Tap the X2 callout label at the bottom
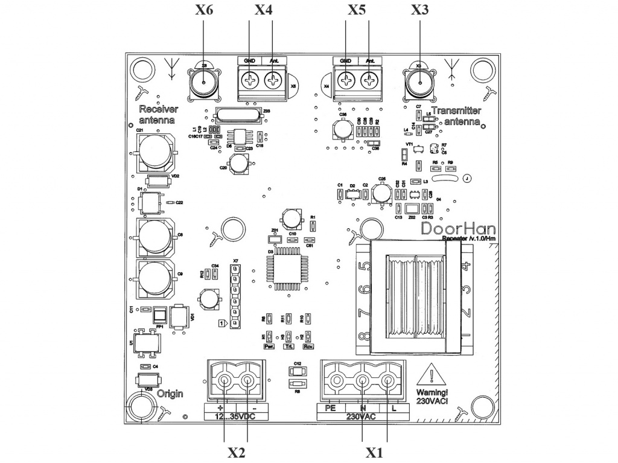[x=236, y=452]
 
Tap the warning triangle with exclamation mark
[x=432, y=377]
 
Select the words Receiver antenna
[x=158, y=115]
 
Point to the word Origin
[x=170, y=394]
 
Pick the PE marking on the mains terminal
[x=331, y=407]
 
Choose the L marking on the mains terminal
[x=393, y=407]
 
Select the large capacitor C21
[x=158, y=152]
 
